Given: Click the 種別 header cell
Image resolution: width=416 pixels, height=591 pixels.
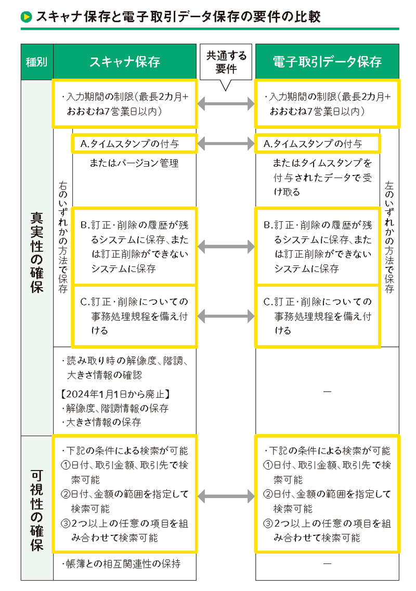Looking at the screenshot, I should [x=37, y=62].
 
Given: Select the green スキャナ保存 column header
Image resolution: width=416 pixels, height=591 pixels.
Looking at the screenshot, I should [x=125, y=62].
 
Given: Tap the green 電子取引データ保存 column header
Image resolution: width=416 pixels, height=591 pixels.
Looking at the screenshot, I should [x=327, y=62].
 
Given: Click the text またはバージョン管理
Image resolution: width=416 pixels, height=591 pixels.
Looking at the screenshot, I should [x=134, y=163].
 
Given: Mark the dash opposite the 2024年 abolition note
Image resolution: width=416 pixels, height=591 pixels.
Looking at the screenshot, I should [x=327, y=391].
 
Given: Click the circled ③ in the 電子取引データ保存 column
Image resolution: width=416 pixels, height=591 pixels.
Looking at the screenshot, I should [x=268, y=523].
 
